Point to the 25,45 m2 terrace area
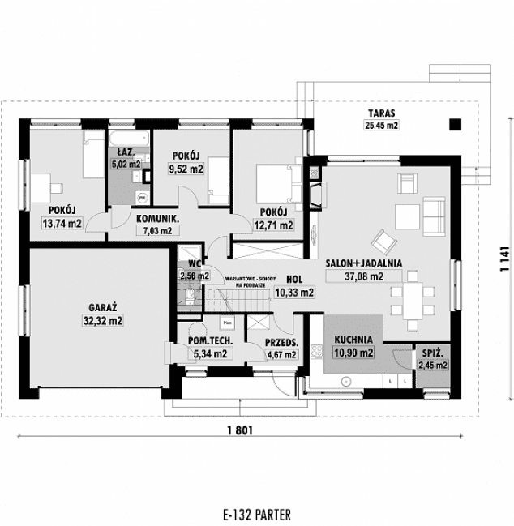(x=380, y=126)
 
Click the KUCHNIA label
(x=353, y=340)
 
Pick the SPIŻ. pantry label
(x=431, y=354)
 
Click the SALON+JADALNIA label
(x=364, y=263)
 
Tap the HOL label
(x=293, y=280)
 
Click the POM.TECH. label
(x=210, y=342)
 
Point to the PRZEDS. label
(x=282, y=342)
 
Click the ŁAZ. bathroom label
(x=125, y=152)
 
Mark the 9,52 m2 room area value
(x=186, y=169)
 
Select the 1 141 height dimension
(x=504, y=258)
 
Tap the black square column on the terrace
(x=454, y=124)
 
